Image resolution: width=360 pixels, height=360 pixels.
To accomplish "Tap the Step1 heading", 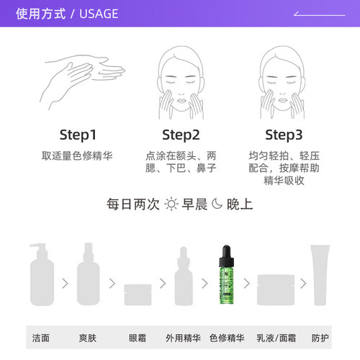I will click(x=78, y=135).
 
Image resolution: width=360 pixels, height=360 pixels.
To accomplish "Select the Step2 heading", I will click(x=181, y=135).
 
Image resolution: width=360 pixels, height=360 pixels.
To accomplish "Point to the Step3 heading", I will click(x=284, y=135).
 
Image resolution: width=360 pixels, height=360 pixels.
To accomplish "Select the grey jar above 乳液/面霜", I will click(x=277, y=289).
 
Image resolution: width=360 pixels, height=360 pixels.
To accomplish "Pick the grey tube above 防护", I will click(x=320, y=276).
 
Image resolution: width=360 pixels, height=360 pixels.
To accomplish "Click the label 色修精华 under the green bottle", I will click(x=227, y=337).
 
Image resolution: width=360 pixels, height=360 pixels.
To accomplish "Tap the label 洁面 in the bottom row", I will click(x=42, y=337).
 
